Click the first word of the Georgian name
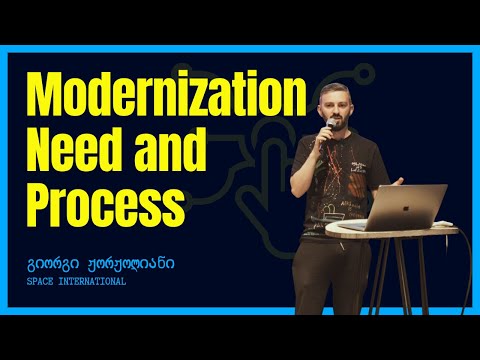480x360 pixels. pyautogui.click(x=51, y=265)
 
